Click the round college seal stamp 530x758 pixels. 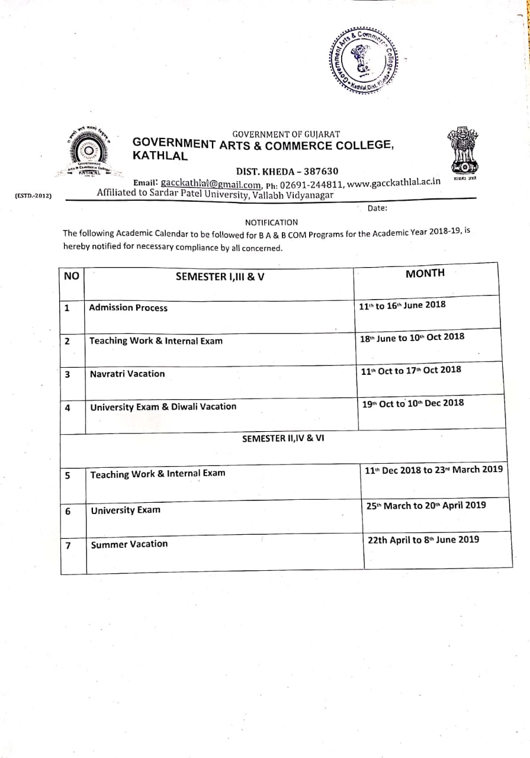pyautogui.click(x=364, y=59)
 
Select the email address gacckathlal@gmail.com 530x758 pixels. pyautogui.click(x=210, y=184)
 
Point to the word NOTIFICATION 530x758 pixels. pyautogui.click(x=271, y=223)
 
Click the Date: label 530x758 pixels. pyautogui.click(x=377, y=208)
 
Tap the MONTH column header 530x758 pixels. pyautogui.click(x=425, y=273)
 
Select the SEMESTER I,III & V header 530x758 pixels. pyautogui.click(x=220, y=277)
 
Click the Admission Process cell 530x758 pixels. pyautogui.click(x=128, y=308)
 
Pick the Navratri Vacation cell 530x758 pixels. pyautogui.click(x=127, y=374)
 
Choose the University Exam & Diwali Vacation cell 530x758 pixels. pyautogui.click(x=163, y=407)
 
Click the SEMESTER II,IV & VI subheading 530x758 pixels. pyautogui.click(x=283, y=439)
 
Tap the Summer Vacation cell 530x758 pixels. pyautogui.click(x=129, y=544)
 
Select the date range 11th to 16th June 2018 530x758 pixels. pyautogui.click(x=402, y=306)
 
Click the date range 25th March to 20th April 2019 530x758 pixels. pyautogui.click(x=426, y=506)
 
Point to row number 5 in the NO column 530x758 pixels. pyautogui.click(x=69, y=476)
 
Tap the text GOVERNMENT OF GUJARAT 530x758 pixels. pyautogui.click(x=286, y=134)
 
